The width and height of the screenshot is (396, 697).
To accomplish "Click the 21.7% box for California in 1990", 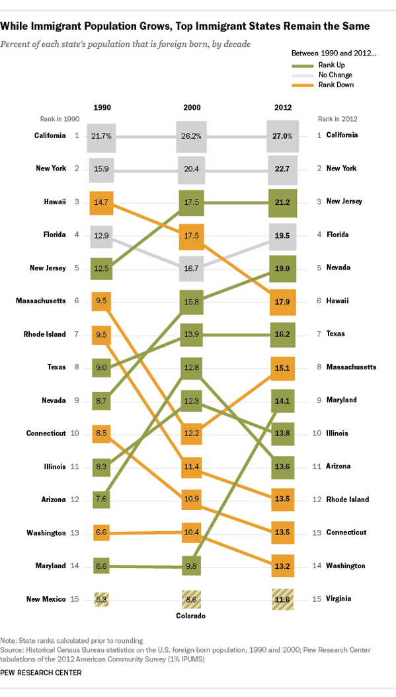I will [101, 135].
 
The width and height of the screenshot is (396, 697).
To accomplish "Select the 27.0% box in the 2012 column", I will [282, 135].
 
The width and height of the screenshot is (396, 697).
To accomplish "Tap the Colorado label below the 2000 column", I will [192, 616].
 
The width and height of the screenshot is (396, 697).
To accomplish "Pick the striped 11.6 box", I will [282, 599].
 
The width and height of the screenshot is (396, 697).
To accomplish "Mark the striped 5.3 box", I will [101, 599].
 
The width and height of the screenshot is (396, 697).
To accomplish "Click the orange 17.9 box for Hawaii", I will [282, 301].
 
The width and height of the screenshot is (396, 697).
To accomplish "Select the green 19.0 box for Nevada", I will [282, 268].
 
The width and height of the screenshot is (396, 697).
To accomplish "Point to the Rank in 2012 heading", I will [338, 120].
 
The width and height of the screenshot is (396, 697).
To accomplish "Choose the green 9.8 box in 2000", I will [192, 566].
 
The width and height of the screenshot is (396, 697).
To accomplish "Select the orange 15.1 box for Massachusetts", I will [282, 367].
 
